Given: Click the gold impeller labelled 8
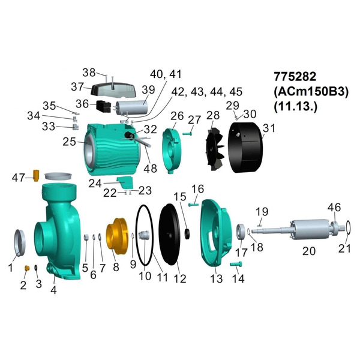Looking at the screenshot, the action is pos(116,236).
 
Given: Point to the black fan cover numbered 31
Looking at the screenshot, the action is pos(245,148).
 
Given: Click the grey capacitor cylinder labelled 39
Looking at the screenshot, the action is pos(131,107).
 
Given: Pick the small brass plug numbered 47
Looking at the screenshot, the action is pos(36,175).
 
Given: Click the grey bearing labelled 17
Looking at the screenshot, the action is pos(241,232).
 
